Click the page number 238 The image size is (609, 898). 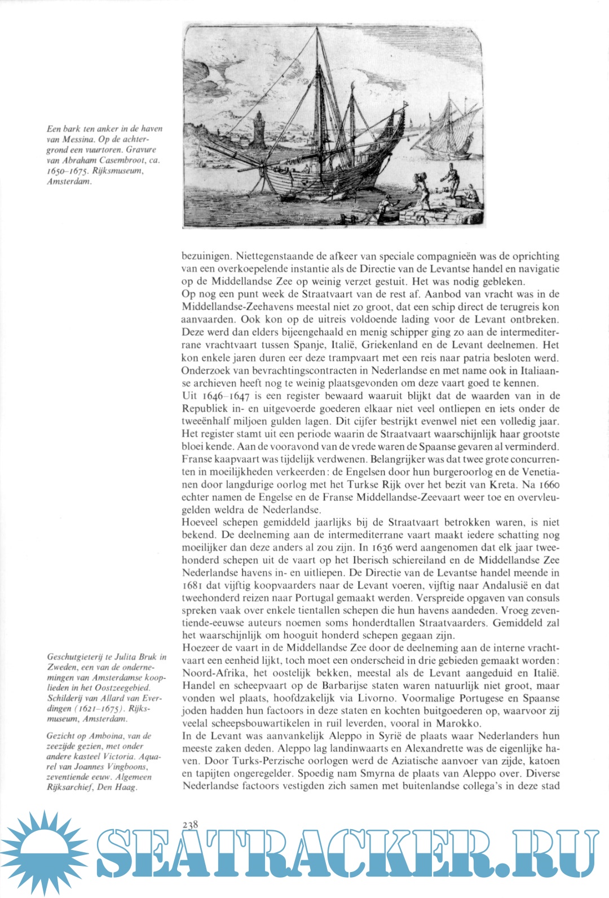click(190, 825)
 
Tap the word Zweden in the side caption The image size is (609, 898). click(62, 667)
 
